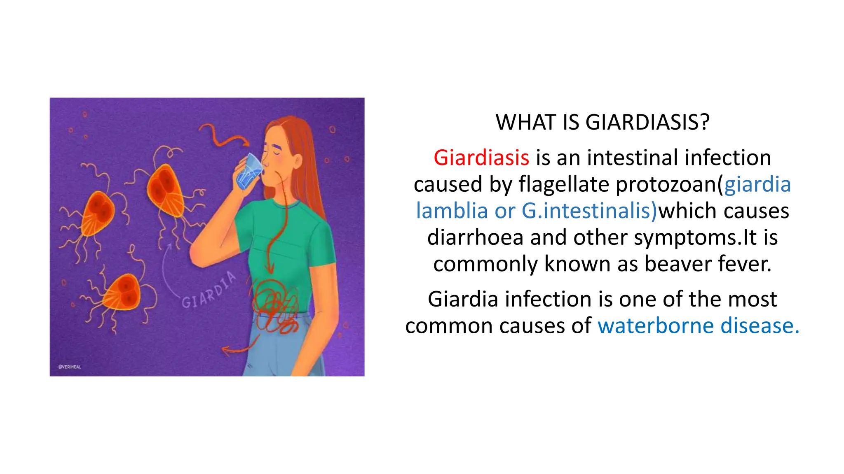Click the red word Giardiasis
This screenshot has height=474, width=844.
click(481, 158)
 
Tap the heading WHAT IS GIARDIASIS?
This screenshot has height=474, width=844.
click(603, 122)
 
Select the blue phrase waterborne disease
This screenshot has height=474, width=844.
click(698, 325)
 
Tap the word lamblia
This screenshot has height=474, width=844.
click(452, 211)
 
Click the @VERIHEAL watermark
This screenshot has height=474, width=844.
click(70, 367)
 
